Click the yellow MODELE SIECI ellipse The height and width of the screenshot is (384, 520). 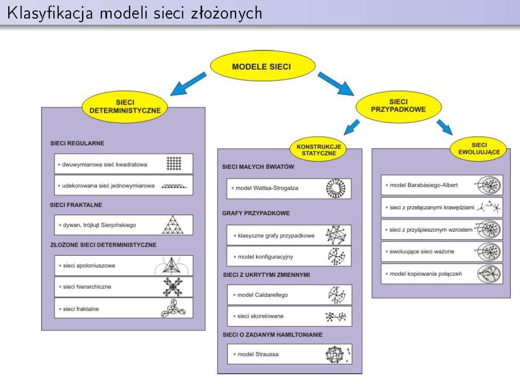(x=263, y=66)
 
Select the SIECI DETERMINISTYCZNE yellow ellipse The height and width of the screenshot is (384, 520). (x=124, y=107)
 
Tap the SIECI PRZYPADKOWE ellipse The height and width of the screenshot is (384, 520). (x=398, y=106)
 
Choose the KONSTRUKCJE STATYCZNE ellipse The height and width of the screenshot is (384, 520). (x=318, y=150)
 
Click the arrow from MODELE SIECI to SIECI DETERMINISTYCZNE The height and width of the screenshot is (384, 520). (x=188, y=84)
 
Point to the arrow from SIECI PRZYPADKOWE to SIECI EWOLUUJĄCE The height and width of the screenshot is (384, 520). (x=445, y=127)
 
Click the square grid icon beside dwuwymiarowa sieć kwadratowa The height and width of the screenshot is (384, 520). (x=174, y=163)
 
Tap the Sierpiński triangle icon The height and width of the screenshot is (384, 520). (x=173, y=225)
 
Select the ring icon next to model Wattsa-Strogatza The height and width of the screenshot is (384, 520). (x=336, y=188)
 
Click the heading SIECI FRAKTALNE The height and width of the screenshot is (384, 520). (x=76, y=205)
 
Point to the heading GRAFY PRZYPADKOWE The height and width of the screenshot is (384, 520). (x=256, y=213)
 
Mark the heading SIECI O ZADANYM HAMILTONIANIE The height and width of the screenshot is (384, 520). (x=272, y=335)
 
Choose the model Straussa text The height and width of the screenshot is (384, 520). (x=258, y=354)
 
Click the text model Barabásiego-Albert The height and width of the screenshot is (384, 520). (x=423, y=185)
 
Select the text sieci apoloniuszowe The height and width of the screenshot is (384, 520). (x=89, y=266)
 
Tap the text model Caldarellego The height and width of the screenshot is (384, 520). (x=263, y=295)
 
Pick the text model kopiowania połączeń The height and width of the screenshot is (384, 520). (x=425, y=274)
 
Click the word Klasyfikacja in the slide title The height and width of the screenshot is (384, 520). (x=50, y=13)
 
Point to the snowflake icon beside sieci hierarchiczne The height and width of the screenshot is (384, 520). (x=173, y=287)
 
